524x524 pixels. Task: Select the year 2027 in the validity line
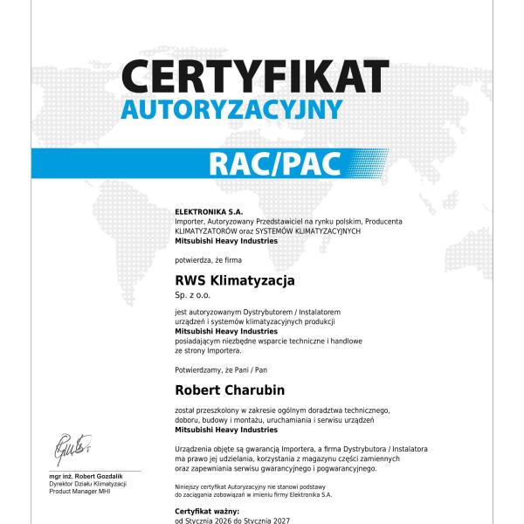click(x=276, y=520)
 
